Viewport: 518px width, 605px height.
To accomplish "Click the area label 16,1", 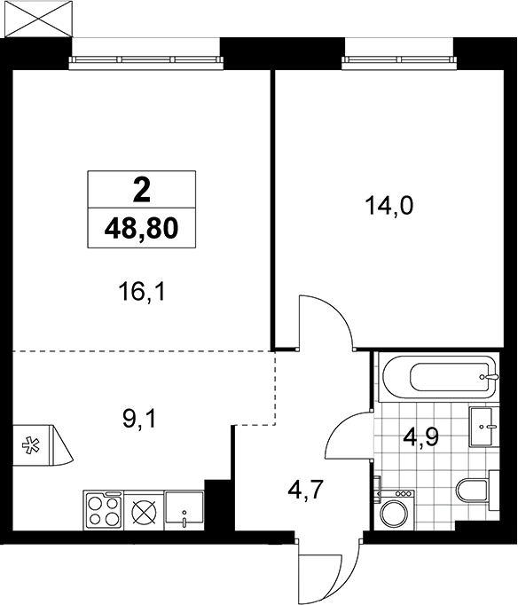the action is (142, 293).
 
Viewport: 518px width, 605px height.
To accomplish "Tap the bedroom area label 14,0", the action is (389, 207).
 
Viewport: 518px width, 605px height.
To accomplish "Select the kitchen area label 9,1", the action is (139, 420).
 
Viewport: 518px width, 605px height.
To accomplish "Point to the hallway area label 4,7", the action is (305, 491).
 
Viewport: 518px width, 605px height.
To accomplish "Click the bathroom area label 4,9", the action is (421, 437).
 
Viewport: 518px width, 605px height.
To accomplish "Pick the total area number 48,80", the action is (142, 228).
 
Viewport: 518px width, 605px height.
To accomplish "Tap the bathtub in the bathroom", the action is (436, 377).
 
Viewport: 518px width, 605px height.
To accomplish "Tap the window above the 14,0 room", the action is (399, 59).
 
